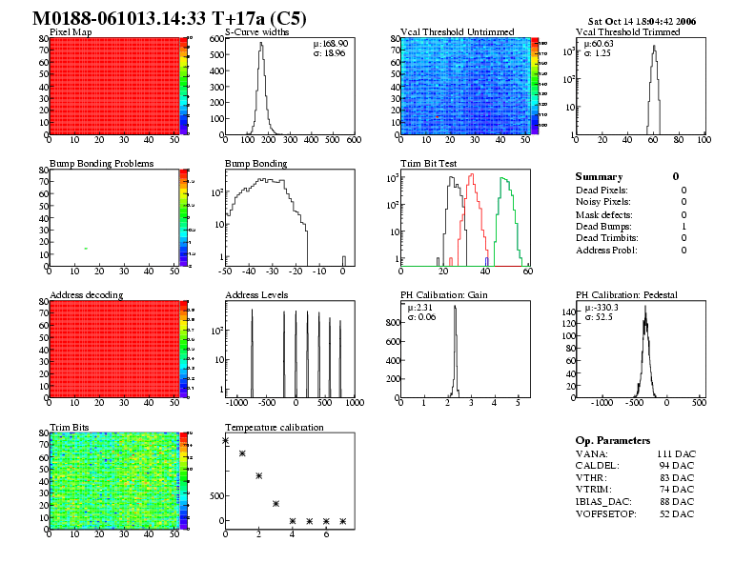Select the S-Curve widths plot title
[256, 31]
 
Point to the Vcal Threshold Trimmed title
[628, 31]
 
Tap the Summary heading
[599, 176]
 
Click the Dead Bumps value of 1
[684, 226]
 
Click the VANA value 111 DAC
[675, 453]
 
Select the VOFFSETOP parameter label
[606, 514]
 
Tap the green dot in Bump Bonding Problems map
[86, 249]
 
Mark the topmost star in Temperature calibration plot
[226, 440]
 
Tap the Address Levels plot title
[256, 295]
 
